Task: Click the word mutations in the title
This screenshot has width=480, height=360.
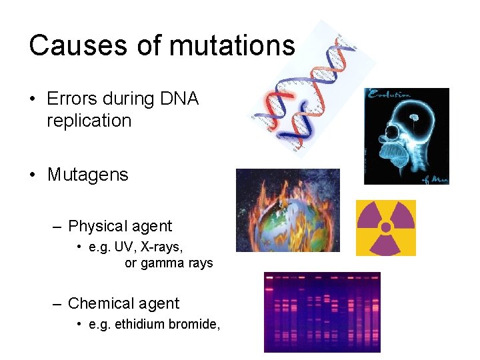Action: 232,45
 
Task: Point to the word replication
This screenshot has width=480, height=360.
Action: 89,121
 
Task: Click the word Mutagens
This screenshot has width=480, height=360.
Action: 87,175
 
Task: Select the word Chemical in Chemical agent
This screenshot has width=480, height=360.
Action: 99,303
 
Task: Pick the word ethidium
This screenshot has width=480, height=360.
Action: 139,325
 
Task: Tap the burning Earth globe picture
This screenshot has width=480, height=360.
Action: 287,210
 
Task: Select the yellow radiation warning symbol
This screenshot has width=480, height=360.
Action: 385,228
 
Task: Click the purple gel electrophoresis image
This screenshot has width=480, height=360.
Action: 322,311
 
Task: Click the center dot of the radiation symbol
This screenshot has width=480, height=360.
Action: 385,227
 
